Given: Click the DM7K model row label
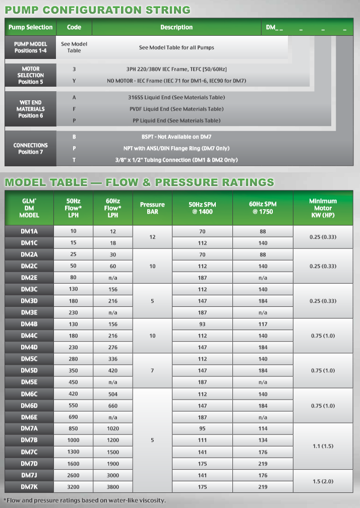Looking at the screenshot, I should (29, 487).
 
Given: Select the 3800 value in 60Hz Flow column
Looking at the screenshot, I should (113, 487).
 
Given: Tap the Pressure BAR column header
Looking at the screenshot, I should (152, 208).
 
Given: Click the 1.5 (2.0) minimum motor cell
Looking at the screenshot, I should (323, 481).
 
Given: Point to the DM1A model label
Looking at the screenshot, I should (29, 231).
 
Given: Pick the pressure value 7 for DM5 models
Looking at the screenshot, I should (152, 370).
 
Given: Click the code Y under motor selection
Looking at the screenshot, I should (74, 81).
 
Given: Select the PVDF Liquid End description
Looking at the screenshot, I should (176, 109).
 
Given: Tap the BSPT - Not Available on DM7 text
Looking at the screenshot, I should (176, 137).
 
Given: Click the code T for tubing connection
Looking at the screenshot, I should (74, 160).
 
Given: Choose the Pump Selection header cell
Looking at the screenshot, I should (30, 27).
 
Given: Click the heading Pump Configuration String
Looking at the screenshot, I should (98, 10).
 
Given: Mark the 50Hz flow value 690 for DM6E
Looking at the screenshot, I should (74, 417).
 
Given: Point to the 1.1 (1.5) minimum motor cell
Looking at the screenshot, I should (323, 446).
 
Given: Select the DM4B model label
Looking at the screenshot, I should (29, 324).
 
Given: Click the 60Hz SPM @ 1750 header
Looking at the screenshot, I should (262, 208).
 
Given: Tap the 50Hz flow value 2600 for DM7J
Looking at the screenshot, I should (74, 475).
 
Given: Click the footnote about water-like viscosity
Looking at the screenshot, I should (85, 500).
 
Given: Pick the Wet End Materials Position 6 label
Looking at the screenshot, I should (31, 109).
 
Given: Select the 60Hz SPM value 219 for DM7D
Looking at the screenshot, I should (263, 464).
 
